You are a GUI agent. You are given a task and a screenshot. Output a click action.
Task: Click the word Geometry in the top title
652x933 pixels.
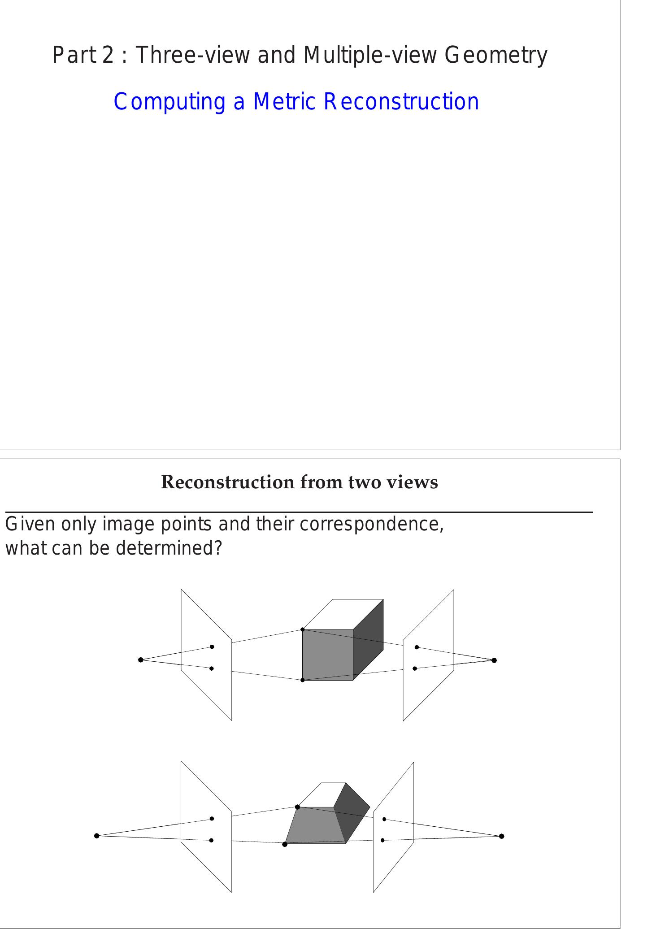[496, 56]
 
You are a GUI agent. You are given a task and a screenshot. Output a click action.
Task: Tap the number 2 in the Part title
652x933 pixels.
[108, 56]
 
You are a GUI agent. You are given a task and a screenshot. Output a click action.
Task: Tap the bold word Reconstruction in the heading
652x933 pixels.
[227, 482]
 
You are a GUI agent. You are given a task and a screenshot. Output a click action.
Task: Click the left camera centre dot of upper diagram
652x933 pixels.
[141, 660]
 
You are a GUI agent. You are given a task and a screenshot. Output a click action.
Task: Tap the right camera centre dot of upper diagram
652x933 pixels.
[494, 660]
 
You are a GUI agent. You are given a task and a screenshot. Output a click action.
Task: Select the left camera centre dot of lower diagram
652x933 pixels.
[97, 836]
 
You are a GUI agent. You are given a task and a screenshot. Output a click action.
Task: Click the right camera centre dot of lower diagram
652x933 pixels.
[501, 836]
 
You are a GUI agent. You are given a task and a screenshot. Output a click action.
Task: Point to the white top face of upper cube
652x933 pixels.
[343, 614]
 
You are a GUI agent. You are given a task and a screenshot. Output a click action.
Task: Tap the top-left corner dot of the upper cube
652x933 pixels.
[303, 629]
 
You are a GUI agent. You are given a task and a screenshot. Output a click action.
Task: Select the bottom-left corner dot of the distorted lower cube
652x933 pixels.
[285, 844]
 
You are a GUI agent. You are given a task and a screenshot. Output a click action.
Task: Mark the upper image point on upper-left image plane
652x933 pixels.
[212, 647]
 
